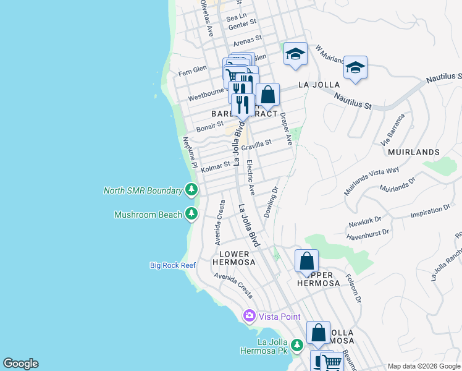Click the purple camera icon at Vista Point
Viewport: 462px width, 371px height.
point(250,316)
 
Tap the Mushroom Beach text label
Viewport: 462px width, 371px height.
point(148,215)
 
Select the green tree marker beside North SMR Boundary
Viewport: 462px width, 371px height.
point(192,190)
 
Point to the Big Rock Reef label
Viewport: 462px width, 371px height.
point(172,265)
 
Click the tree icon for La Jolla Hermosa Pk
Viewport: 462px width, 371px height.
point(297,344)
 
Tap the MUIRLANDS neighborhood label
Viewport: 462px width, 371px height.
point(413,151)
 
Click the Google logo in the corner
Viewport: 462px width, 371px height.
point(20,364)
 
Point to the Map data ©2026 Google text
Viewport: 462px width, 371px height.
point(424,366)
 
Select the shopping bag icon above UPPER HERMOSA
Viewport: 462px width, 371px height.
point(306,262)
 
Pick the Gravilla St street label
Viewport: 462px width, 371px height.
point(256,145)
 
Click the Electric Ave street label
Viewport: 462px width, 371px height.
point(250,178)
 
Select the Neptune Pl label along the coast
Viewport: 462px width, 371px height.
point(190,153)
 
